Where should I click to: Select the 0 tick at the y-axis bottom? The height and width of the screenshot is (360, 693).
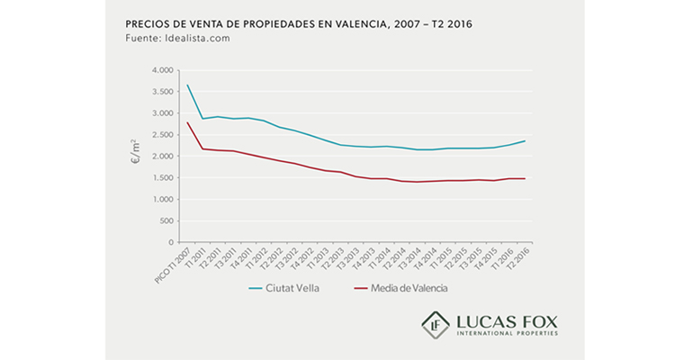click(x=169, y=243)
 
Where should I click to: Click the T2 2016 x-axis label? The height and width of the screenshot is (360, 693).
click(x=517, y=260)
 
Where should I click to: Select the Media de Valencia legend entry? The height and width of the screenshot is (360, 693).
click(x=400, y=288)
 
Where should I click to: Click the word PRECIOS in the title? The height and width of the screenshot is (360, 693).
click(x=145, y=23)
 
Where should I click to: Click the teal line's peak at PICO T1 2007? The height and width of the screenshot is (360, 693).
click(x=187, y=85)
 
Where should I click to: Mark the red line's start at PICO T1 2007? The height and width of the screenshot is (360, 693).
click(x=187, y=122)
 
